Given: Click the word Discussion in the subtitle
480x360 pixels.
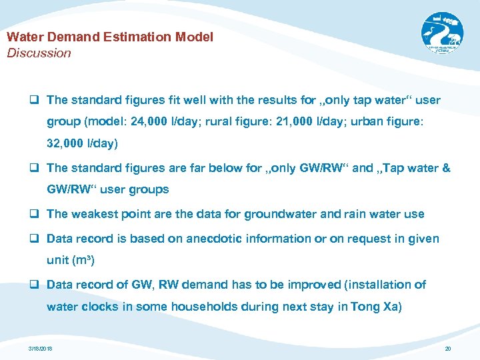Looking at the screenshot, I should [39, 53].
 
